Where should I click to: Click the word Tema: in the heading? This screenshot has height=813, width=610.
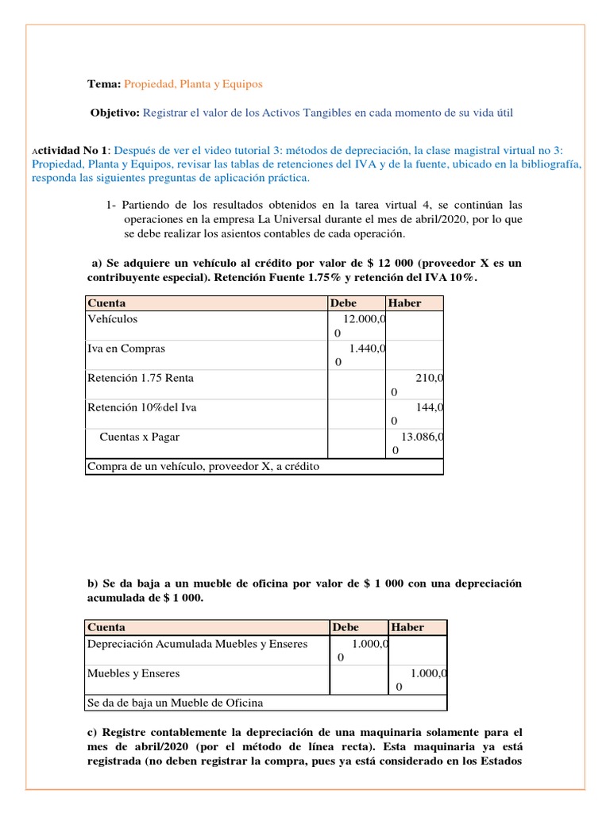coord(103,83)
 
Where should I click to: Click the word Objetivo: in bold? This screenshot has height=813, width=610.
coord(115,113)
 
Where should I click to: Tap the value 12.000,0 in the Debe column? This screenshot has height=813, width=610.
coord(365,318)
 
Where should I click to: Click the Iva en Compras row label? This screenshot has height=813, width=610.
coord(125,348)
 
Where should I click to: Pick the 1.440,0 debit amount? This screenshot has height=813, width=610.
coord(367,348)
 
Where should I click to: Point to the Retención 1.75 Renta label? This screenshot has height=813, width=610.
coord(140,378)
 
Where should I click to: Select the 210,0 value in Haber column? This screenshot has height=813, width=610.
coord(429,378)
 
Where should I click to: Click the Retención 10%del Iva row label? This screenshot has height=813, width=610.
coord(141,407)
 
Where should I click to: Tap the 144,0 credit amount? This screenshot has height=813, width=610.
coord(429,407)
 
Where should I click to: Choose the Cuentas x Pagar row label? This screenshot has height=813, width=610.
coord(145,437)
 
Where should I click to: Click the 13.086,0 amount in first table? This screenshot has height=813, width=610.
coord(422,437)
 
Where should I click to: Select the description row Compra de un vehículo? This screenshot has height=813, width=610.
coord(203,466)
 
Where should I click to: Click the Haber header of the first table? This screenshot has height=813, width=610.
coord(404,302)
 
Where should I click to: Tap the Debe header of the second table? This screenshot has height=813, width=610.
coord(346,627)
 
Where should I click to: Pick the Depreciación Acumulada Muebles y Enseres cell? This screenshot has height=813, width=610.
coord(197,644)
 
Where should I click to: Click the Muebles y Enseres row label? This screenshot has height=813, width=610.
coord(133,673)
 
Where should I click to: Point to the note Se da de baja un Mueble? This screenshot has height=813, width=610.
coord(175,703)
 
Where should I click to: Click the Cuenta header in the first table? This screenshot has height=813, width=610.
coord(106,302)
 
